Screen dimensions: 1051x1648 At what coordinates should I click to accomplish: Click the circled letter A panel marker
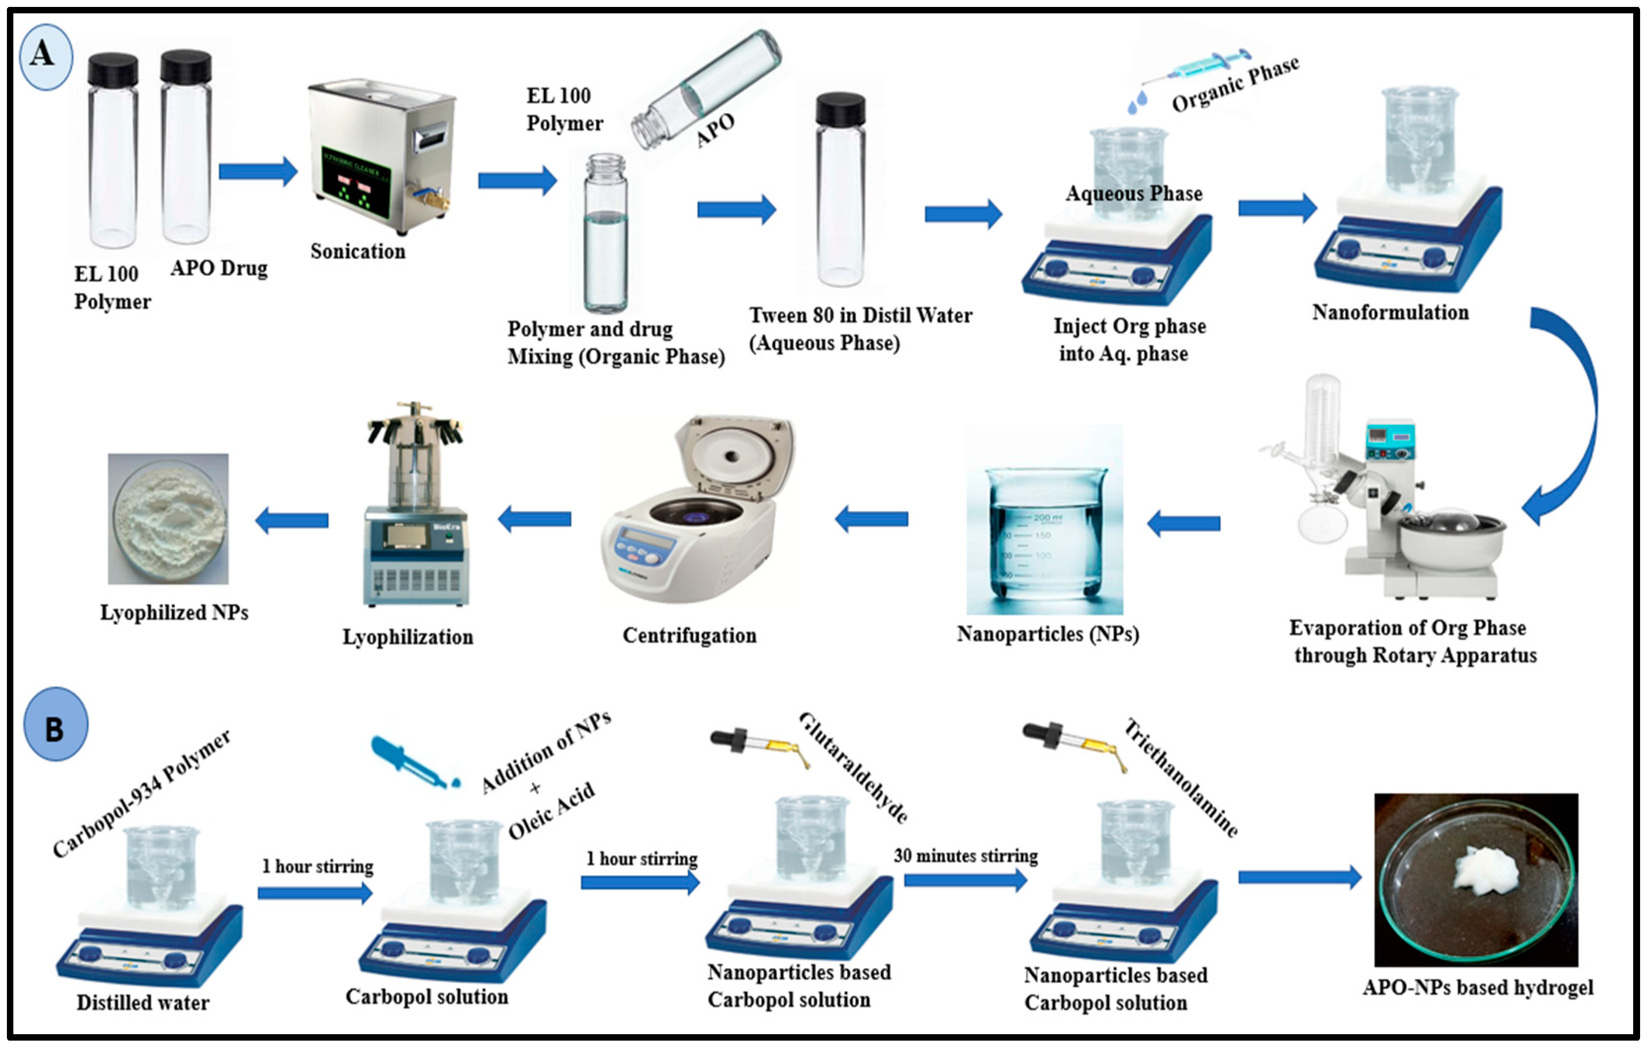point(45,56)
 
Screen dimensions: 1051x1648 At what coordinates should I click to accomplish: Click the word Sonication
point(358,252)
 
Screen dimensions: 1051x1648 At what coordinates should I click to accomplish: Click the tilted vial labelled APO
point(705,89)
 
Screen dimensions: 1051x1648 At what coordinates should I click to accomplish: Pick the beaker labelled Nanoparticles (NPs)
point(1044,527)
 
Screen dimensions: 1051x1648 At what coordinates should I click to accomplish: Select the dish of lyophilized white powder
point(169,519)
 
